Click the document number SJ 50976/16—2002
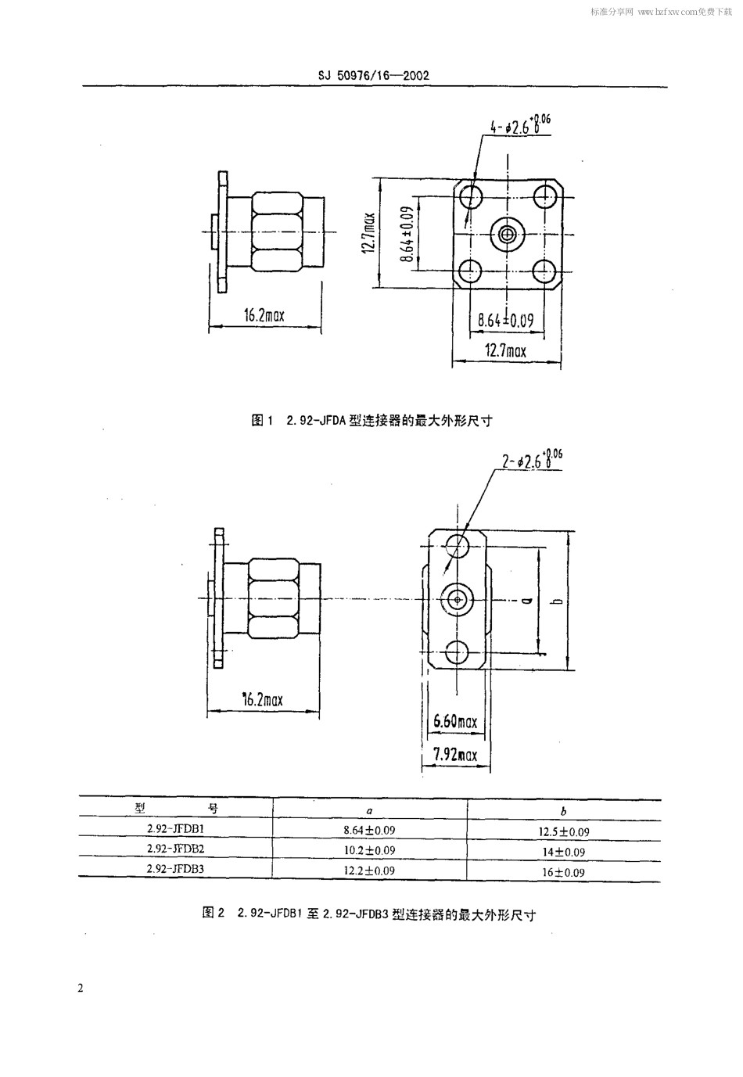(373, 76)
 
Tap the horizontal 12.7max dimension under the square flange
(506, 351)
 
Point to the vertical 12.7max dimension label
(368, 233)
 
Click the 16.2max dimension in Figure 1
(264, 316)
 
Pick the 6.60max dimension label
(455, 721)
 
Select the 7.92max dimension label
(455, 755)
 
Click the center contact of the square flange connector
(507, 233)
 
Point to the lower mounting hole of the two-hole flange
(458, 653)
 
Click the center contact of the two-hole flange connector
(458, 600)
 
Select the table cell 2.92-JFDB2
(175, 849)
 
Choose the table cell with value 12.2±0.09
(369, 871)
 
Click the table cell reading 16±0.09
(563, 872)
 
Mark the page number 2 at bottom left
(81, 988)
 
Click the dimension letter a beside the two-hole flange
(526, 600)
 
